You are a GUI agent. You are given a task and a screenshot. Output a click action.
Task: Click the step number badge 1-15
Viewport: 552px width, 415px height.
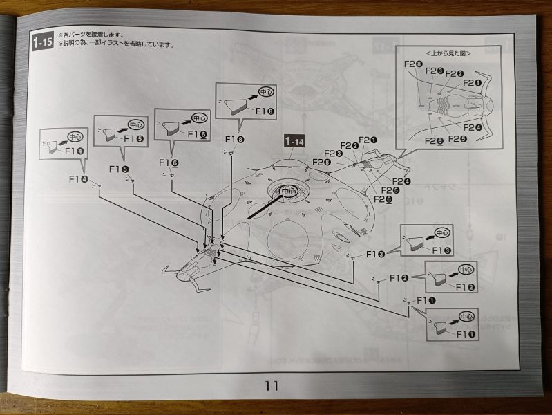(41, 42)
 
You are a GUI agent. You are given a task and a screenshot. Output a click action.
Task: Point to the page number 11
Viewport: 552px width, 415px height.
(271, 386)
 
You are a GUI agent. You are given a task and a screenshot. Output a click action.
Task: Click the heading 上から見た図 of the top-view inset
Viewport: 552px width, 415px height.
(447, 53)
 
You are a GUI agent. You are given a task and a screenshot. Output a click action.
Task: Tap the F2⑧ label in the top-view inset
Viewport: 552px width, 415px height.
(413, 65)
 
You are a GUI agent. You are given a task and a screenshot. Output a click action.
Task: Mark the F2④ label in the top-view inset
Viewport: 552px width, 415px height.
(473, 127)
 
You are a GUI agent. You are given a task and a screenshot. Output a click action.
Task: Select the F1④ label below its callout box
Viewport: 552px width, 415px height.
(78, 178)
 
